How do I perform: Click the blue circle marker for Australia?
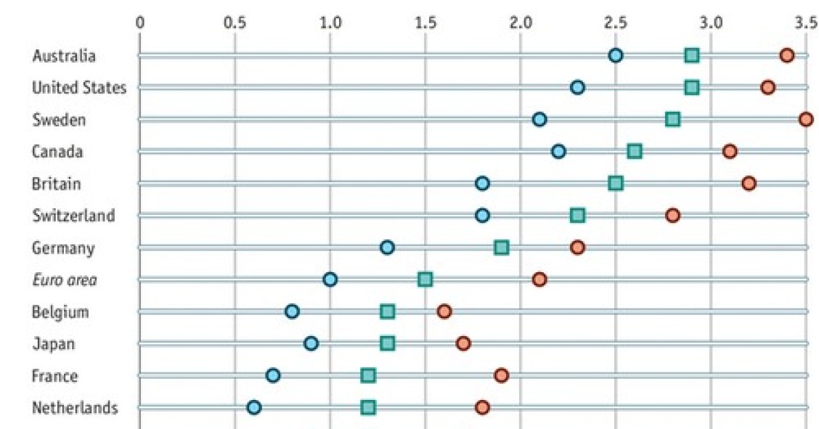coord(616,55)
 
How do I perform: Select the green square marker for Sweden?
coord(672,119)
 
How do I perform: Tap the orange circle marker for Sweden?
coord(805,119)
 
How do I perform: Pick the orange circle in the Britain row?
coord(749,183)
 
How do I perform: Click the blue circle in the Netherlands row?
coord(254,407)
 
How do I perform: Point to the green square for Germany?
coord(501,248)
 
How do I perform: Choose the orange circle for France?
coord(501,375)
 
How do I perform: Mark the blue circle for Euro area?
coord(330,279)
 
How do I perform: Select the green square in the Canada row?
coord(635,151)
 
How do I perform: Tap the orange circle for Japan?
coord(463,343)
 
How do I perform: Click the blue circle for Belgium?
coord(292,311)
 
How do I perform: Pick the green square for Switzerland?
coord(577,216)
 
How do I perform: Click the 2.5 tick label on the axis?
coord(615,22)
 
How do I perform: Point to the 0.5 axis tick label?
coord(235,22)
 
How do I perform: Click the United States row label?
coord(78,88)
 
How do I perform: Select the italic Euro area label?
coord(65,280)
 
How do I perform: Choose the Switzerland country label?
coord(73,216)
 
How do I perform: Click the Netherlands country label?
coord(74,408)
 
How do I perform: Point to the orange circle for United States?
coord(767,87)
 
